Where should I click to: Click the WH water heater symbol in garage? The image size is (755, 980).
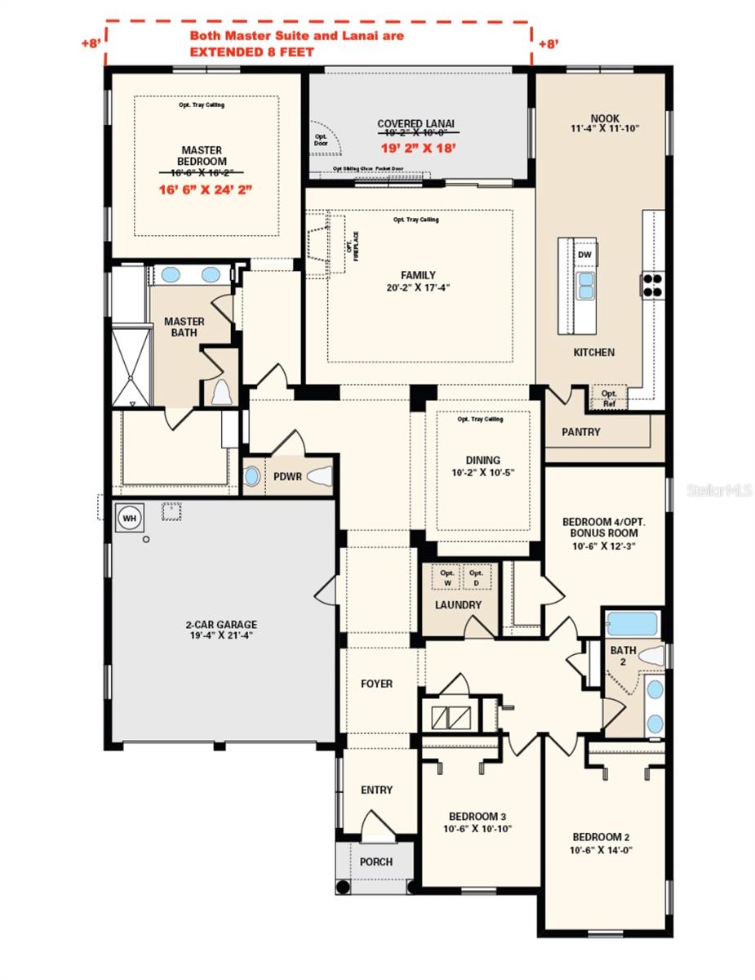tap(128, 517)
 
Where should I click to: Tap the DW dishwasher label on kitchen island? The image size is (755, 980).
tap(584, 255)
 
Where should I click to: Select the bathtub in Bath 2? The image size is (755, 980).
tap(632, 625)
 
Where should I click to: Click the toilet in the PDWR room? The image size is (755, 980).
tap(319, 477)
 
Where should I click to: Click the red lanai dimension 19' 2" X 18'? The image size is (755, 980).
tap(418, 148)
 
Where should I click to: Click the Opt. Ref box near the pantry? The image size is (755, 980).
tap(609, 398)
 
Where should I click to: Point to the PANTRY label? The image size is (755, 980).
tap(581, 432)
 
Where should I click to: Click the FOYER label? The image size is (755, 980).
tap(376, 684)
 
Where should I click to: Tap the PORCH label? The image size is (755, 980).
tap(375, 862)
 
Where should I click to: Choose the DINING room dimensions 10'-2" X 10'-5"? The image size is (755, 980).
tap(482, 473)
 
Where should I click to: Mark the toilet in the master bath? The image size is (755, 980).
tap(220, 392)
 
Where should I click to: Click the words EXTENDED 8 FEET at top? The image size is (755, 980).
tap(251, 51)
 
